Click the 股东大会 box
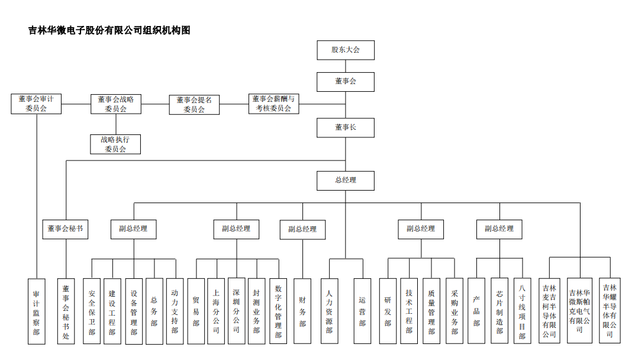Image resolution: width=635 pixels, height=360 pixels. [346, 50]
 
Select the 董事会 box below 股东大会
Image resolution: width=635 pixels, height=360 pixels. [346, 81]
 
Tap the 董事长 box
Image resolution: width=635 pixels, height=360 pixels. [346, 127]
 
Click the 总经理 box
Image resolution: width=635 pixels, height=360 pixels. [346, 180]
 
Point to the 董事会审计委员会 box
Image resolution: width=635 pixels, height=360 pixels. [36, 104]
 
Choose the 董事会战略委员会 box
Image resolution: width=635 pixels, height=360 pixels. [116, 104]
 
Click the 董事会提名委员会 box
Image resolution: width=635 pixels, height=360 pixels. [194, 104]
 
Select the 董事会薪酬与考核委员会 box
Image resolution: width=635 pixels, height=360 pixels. [273, 104]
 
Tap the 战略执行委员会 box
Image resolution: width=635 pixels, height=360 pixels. [115, 144]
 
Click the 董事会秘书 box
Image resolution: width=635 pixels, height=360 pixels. [66, 229]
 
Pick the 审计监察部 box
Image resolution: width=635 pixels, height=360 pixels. [36, 311]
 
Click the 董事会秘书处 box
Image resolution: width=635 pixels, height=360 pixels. [66, 311]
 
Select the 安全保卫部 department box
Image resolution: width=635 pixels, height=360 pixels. [92, 311]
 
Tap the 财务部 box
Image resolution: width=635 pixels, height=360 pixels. [302, 311]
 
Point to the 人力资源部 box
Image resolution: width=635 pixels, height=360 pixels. [330, 311]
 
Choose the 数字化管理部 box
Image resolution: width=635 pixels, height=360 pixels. [278, 311]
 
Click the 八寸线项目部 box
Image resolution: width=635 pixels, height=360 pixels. [522, 311]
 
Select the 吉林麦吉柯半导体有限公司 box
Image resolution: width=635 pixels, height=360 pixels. [550, 311]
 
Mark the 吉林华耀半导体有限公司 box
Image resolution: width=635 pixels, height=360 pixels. [609, 311]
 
